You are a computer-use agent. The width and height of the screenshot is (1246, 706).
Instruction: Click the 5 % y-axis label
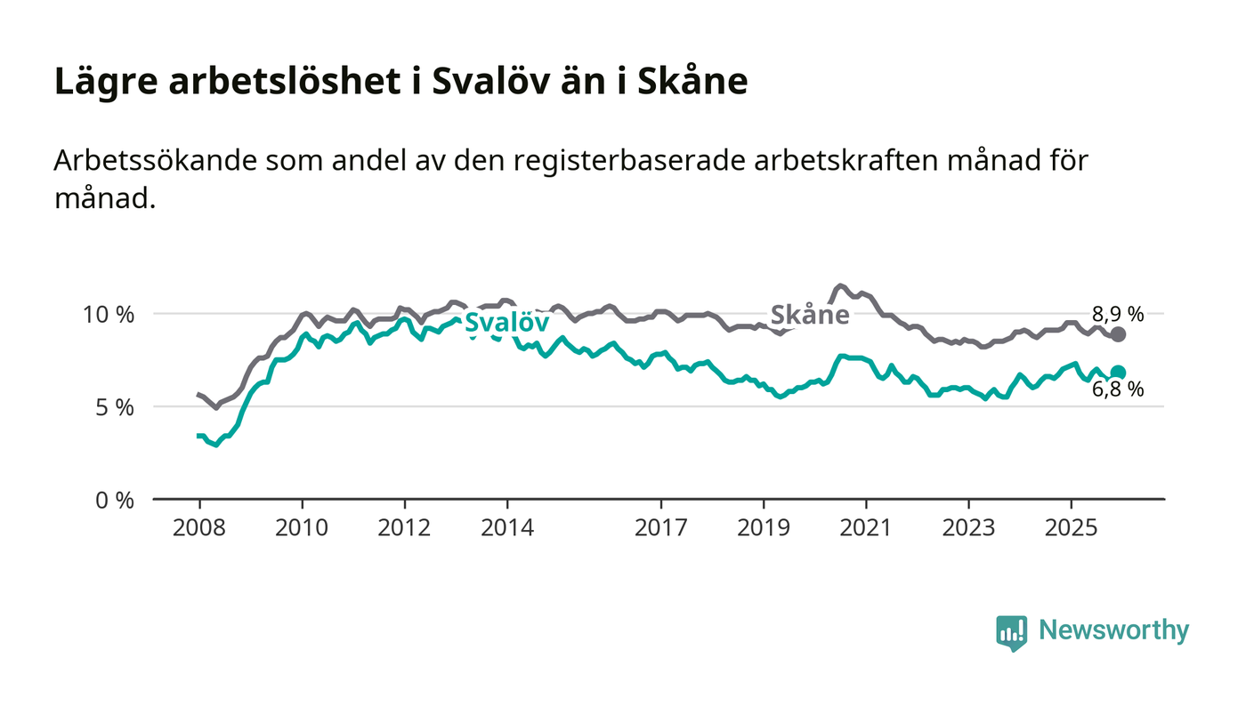click(x=116, y=407)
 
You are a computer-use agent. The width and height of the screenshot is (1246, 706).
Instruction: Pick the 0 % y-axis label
click(x=116, y=500)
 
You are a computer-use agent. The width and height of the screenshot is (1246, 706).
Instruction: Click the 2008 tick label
click(x=199, y=527)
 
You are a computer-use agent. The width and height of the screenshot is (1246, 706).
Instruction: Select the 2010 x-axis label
click(x=302, y=527)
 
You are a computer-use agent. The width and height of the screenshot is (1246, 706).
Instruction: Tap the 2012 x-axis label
click(x=405, y=527)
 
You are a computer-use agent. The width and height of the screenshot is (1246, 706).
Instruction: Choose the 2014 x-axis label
click(x=507, y=527)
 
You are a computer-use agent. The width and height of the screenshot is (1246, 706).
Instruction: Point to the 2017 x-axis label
click(x=660, y=527)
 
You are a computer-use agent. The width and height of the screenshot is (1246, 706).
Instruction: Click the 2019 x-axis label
click(x=764, y=527)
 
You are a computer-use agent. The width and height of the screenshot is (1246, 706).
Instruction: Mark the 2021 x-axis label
click(x=866, y=527)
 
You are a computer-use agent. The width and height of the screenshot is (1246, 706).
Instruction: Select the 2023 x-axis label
click(x=968, y=527)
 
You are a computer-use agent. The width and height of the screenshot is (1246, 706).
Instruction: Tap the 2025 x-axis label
click(x=1072, y=527)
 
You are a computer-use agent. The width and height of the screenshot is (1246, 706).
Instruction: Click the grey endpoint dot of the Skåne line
click(x=1119, y=334)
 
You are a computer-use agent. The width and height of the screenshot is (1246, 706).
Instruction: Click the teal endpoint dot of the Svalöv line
click(x=1119, y=373)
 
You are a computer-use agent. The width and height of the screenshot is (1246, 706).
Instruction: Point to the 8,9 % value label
click(x=1118, y=313)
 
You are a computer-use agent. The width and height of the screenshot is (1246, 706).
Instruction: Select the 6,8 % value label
click(x=1118, y=389)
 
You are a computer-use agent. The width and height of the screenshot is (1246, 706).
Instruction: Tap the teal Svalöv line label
click(x=506, y=321)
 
